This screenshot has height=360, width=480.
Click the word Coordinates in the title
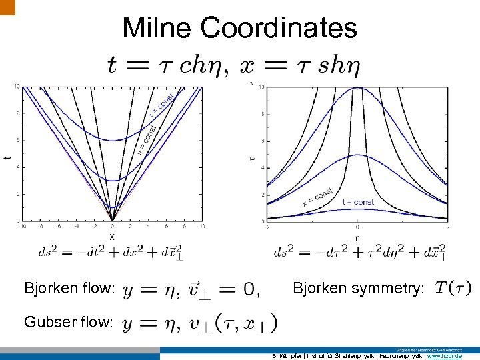[279, 28]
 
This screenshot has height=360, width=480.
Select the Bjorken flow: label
[70, 289]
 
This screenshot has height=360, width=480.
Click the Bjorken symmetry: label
[358, 289]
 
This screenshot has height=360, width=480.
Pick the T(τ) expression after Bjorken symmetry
[453, 288]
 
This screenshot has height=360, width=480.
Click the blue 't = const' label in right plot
[357, 202]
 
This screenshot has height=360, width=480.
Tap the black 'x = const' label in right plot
[317, 195]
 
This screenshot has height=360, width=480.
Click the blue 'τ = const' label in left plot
[164, 104]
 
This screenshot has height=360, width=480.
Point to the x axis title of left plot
[112, 236]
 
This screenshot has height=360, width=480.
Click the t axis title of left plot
[7, 157]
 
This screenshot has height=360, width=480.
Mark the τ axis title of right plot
[252, 159]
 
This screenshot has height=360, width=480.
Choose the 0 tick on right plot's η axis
[357, 227]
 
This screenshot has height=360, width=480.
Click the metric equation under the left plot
[111, 252]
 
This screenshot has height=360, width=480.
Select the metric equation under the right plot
[360, 252]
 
